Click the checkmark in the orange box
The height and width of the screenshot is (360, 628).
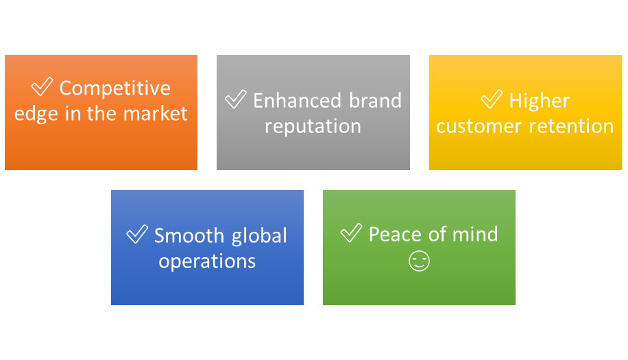click(43, 87)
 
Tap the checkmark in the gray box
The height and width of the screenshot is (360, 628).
click(236, 99)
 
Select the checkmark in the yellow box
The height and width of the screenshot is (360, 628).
click(492, 99)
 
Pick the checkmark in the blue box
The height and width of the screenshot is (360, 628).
click(137, 235)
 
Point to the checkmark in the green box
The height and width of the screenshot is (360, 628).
click(351, 233)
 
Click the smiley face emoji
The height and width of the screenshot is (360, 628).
click(419, 261)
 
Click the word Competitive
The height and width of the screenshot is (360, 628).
click(114, 88)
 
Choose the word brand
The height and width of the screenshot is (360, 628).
click(374, 101)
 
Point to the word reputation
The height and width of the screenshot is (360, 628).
click(313, 126)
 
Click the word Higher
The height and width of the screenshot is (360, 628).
click(539, 101)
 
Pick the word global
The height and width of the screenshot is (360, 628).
click(261, 236)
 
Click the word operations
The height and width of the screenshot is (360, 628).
click(207, 261)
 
